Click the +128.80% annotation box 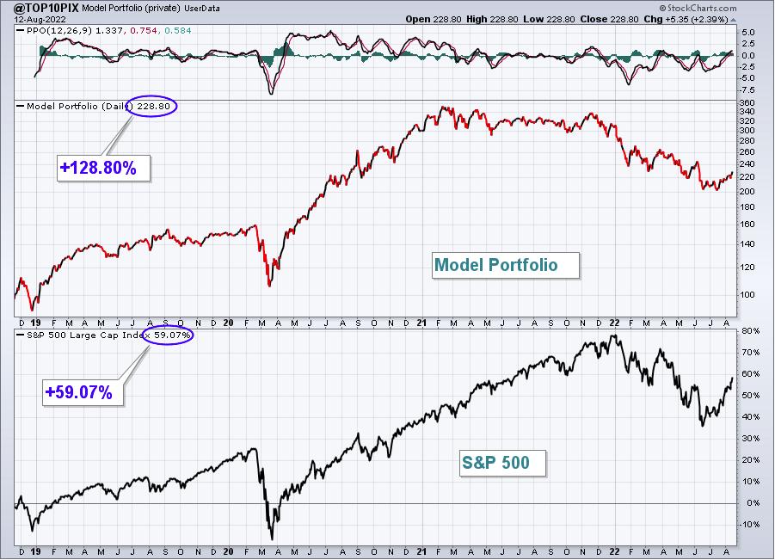[103, 168]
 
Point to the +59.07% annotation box [83, 392]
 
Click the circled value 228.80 [153, 107]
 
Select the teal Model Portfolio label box [505, 266]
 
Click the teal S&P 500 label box [502, 463]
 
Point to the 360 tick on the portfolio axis [747, 103]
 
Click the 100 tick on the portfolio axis [747, 295]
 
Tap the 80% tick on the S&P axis [750, 331]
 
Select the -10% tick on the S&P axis [748, 525]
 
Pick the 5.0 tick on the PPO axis [747, 33]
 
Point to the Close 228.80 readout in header [610, 19]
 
